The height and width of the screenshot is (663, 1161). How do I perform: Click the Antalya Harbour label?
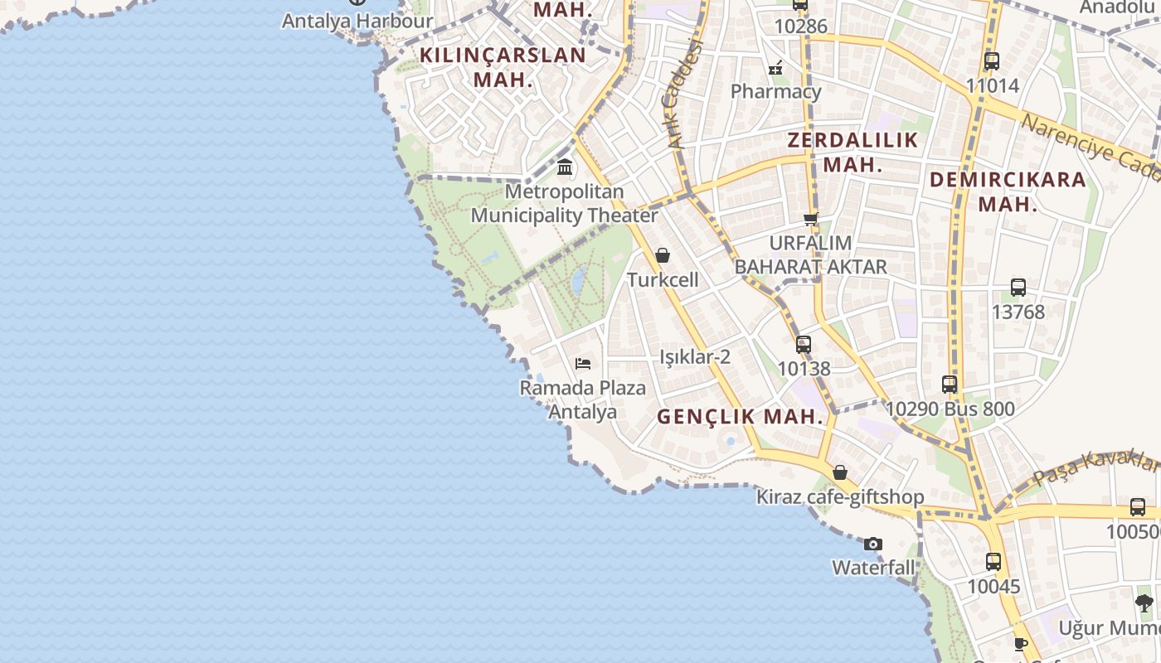click(x=357, y=21)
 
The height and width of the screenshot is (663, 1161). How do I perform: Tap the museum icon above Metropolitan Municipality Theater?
click(x=565, y=167)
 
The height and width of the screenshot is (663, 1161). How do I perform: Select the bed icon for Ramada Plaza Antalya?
click(x=583, y=363)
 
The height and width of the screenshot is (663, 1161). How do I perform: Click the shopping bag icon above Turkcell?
click(x=663, y=255)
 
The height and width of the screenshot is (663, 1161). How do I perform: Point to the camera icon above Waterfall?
click(x=872, y=544)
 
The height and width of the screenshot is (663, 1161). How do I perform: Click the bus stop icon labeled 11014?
click(x=992, y=60)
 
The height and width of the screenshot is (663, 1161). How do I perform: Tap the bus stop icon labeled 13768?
click(x=1018, y=288)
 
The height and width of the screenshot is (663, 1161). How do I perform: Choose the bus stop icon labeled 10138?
click(x=804, y=344)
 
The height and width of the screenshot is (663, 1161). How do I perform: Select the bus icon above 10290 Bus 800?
click(x=950, y=385)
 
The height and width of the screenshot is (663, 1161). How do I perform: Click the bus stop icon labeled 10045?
click(x=993, y=562)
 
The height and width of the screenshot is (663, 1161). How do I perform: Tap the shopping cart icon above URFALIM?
click(x=811, y=219)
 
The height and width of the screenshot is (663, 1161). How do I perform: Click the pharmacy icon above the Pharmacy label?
click(x=776, y=67)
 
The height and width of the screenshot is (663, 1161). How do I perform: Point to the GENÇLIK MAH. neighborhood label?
click(x=741, y=417)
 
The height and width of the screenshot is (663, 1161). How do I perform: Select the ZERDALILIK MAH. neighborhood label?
click(x=853, y=152)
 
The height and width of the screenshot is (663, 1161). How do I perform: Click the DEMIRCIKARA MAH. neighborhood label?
click(x=1008, y=191)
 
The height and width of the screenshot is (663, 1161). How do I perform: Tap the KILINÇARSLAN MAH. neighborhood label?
click(x=503, y=67)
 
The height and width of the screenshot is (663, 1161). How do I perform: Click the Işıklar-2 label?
click(x=695, y=357)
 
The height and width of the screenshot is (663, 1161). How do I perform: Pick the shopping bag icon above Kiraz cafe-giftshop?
click(x=840, y=472)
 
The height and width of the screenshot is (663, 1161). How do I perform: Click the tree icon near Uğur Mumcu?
click(x=1144, y=603)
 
